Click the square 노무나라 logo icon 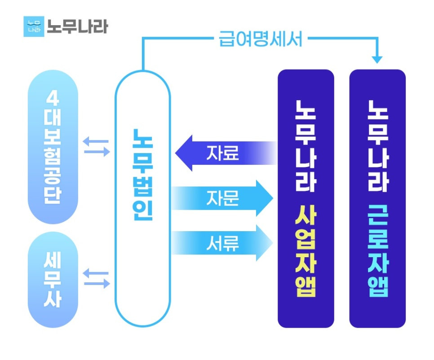(x=34, y=26)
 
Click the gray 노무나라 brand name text (x=77, y=26)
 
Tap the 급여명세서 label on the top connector (x=261, y=39)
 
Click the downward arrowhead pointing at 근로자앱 (x=377, y=60)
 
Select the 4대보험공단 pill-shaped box (x=53, y=147)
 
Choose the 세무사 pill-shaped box (x=53, y=280)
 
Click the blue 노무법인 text (x=143, y=175)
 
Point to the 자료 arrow (x=226, y=153)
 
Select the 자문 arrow (x=222, y=198)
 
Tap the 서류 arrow (x=222, y=243)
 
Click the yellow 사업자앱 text (x=306, y=251)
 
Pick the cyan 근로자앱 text (x=378, y=251)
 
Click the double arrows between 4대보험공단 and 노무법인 (x=96, y=146)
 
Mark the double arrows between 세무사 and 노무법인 (x=96, y=278)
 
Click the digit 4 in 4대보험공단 (x=53, y=98)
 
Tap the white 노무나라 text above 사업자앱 (x=306, y=146)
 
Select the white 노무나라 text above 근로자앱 (x=378, y=146)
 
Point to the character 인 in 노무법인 (x=143, y=210)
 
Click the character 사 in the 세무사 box (x=53, y=299)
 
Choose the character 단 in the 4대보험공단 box (x=53, y=195)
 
